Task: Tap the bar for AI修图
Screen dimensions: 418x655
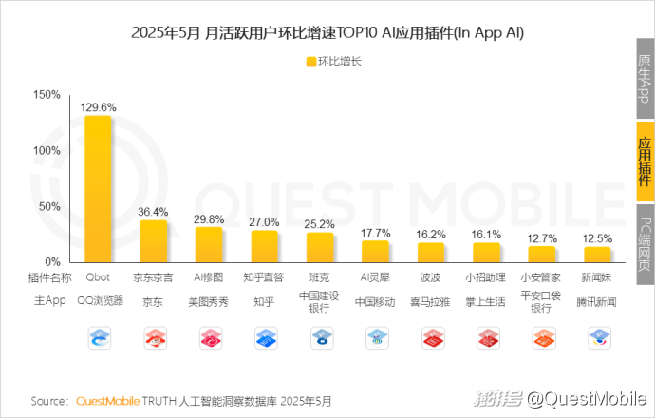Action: click(x=209, y=244)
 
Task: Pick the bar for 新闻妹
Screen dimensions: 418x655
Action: click(x=598, y=254)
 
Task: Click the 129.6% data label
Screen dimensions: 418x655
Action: click(x=99, y=106)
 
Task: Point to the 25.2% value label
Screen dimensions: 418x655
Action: click(x=320, y=224)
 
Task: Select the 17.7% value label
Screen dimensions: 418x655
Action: click(x=376, y=233)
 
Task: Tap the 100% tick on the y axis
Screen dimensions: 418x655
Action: click(x=47, y=150)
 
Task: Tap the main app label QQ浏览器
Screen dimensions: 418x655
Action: click(x=99, y=301)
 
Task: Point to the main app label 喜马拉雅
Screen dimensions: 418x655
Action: click(x=432, y=301)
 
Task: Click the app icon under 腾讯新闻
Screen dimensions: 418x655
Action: click(x=598, y=336)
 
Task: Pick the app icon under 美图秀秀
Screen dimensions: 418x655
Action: click(x=209, y=336)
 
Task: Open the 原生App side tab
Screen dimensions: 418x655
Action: click(x=645, y=79)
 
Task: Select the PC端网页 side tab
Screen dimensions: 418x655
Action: click(x=645, y=245)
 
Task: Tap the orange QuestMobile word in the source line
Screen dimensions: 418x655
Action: click(x=107, y=400)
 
